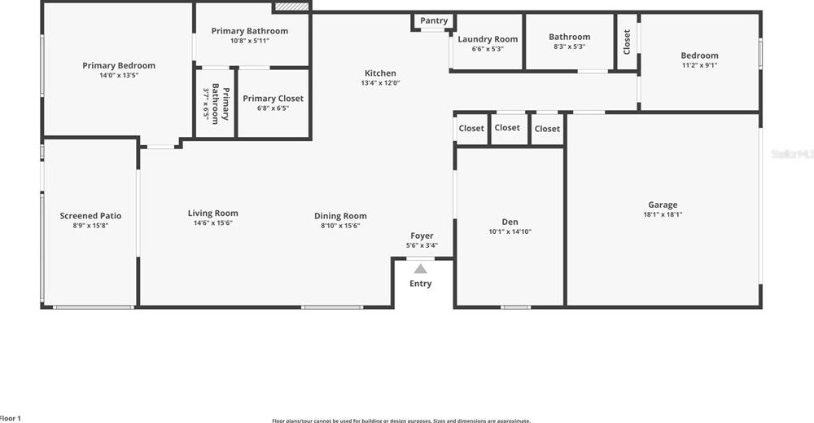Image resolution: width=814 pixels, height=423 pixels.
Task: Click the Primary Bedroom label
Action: click(x=118, y=65)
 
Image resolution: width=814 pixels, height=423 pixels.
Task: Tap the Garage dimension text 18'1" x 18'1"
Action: click(x=662, y=215)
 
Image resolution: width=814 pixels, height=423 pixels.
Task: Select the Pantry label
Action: click(x=434, y=21)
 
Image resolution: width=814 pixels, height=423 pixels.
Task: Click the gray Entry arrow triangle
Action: click(x=420, y=267)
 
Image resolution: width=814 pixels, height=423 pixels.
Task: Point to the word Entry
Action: click(x=420, y=284)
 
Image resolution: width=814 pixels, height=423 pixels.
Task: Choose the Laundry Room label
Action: click(x=488, y=39)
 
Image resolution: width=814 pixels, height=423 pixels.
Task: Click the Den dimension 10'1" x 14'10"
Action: click(x=510, y=231)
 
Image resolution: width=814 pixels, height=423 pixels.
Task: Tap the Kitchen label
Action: click(x=380, y=73)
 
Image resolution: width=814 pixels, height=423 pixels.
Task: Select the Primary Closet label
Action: click(x=273, y=99)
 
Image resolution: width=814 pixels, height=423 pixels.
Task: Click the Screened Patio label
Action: click(x=90, y=216)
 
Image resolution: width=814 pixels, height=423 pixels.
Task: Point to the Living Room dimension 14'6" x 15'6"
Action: click(x=212, y=223)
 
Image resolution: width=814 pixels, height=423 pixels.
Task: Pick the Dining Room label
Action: click(x=340, y=216)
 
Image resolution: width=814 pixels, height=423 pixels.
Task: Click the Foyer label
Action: click(x=422, y=236)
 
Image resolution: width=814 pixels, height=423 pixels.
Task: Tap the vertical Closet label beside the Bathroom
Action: click(x=627, y=42)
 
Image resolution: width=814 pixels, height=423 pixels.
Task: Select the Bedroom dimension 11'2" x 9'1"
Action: click(x=699, y=65)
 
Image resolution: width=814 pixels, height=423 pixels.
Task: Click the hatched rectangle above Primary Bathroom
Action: click(x=292, y=7)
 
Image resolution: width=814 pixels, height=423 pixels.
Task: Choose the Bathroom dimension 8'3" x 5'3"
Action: click(x=569, y=46)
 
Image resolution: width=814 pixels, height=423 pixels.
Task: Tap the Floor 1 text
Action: click(x=10, y=418)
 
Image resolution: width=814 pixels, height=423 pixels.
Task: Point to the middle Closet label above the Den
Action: click(x=507, y=127)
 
